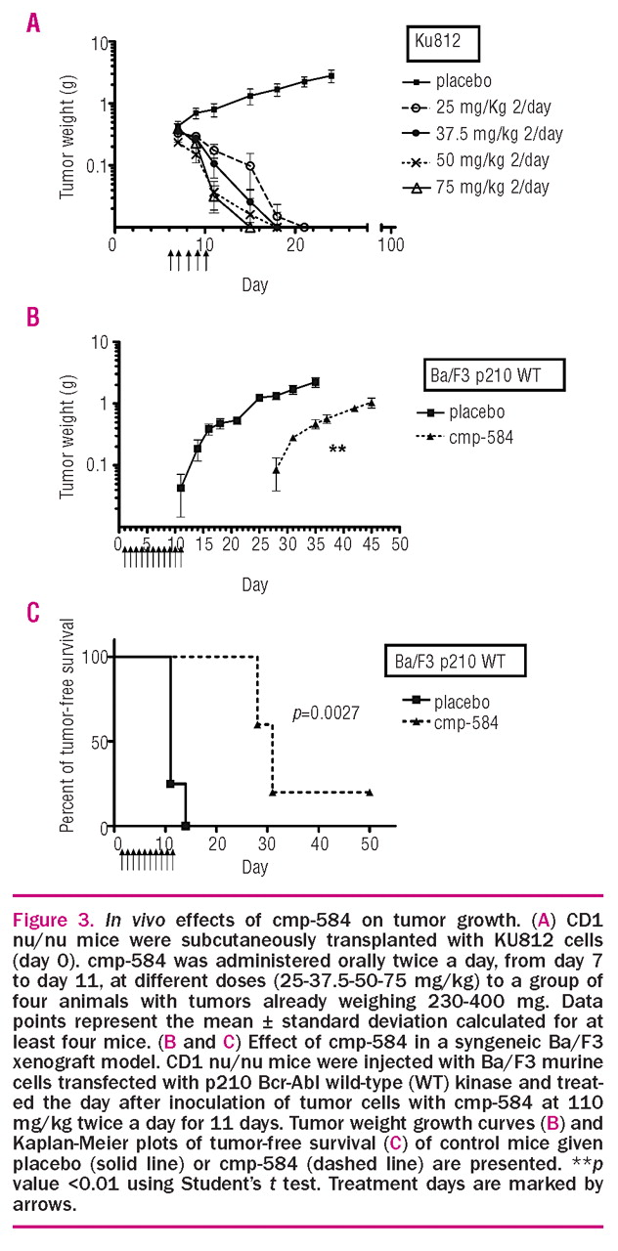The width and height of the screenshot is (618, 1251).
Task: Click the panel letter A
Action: [x=33, y=21]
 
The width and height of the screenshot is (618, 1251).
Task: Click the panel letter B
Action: [x=33, y=318]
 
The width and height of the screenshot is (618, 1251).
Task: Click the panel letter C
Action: [x=33, y=613]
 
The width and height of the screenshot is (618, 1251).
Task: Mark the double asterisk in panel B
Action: [x=338, y=450]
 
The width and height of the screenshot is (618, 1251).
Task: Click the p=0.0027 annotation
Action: [x=326, y=713]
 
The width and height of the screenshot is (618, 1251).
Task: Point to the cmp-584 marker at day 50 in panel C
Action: [x=371, y=793]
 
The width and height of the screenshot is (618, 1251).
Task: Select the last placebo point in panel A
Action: [x=331, y=75]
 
